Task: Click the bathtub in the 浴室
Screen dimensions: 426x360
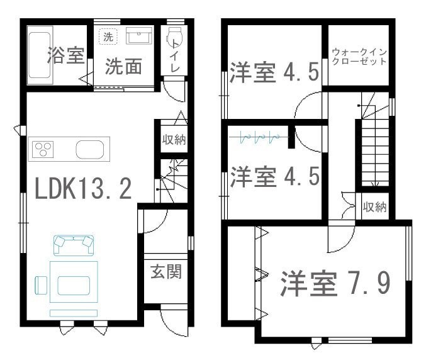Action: pyautogui.click(x=40, y=55)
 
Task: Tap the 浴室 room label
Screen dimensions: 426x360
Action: pyautogui.click(x=65, y=55)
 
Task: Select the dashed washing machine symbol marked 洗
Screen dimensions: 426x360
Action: pyautogui.click(x=108, y=36)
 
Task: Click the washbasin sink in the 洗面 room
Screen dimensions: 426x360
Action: pyautogui.click(x=139, y=35)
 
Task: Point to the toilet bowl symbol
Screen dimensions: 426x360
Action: pyautogui.click(x=174, y=38)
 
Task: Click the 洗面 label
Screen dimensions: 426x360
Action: pyautogui.click(x=123, y=66)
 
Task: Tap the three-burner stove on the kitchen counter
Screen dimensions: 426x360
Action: pyautogui.click(x=43, y=149)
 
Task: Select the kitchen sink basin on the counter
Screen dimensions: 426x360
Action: pyautogui.click(x=90, y=149)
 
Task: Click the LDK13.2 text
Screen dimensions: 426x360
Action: pyautogui.click(x=83, y=189)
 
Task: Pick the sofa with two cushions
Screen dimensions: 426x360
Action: pyautogui.click(x=74, y=245)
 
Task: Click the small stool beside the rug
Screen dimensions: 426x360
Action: pyautogui.click(x=41, y=285)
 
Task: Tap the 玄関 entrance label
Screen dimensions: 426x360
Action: pyautogui.click(x=166, y=271)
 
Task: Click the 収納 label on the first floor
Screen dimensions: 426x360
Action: pyautogui.click(x=174, y=139)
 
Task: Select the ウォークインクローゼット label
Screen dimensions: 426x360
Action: pyautogui.click(x=359, y=57)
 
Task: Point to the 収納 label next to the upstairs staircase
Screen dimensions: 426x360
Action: pyautogui.click(x=374, y=207)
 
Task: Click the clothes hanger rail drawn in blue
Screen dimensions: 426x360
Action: pyautogui.click(x=259, y=137)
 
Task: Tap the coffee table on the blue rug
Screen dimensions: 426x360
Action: pyautogui.click(x=74, y=286)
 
